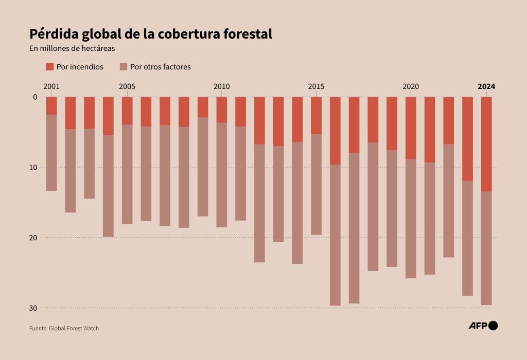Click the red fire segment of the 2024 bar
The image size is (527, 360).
(486, 144)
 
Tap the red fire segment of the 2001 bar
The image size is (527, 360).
(51, 105)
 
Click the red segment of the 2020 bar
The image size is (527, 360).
(411, 128)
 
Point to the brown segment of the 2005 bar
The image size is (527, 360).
(127, 174)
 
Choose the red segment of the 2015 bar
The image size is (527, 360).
(316, 115)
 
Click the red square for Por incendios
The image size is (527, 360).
(50, 67)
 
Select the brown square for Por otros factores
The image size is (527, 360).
(124, 67)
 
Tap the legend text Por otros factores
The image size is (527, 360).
(160, 67)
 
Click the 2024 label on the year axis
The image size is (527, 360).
(486, 86)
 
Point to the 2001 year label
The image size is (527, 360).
(51, 86)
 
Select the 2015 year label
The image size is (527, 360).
(316, 86)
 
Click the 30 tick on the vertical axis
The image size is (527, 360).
(34, 308)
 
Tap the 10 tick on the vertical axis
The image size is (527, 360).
(34, 167)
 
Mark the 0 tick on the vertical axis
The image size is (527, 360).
(36, 97)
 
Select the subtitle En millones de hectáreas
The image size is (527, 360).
(72, 49)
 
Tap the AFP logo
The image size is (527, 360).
(483, 325)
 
